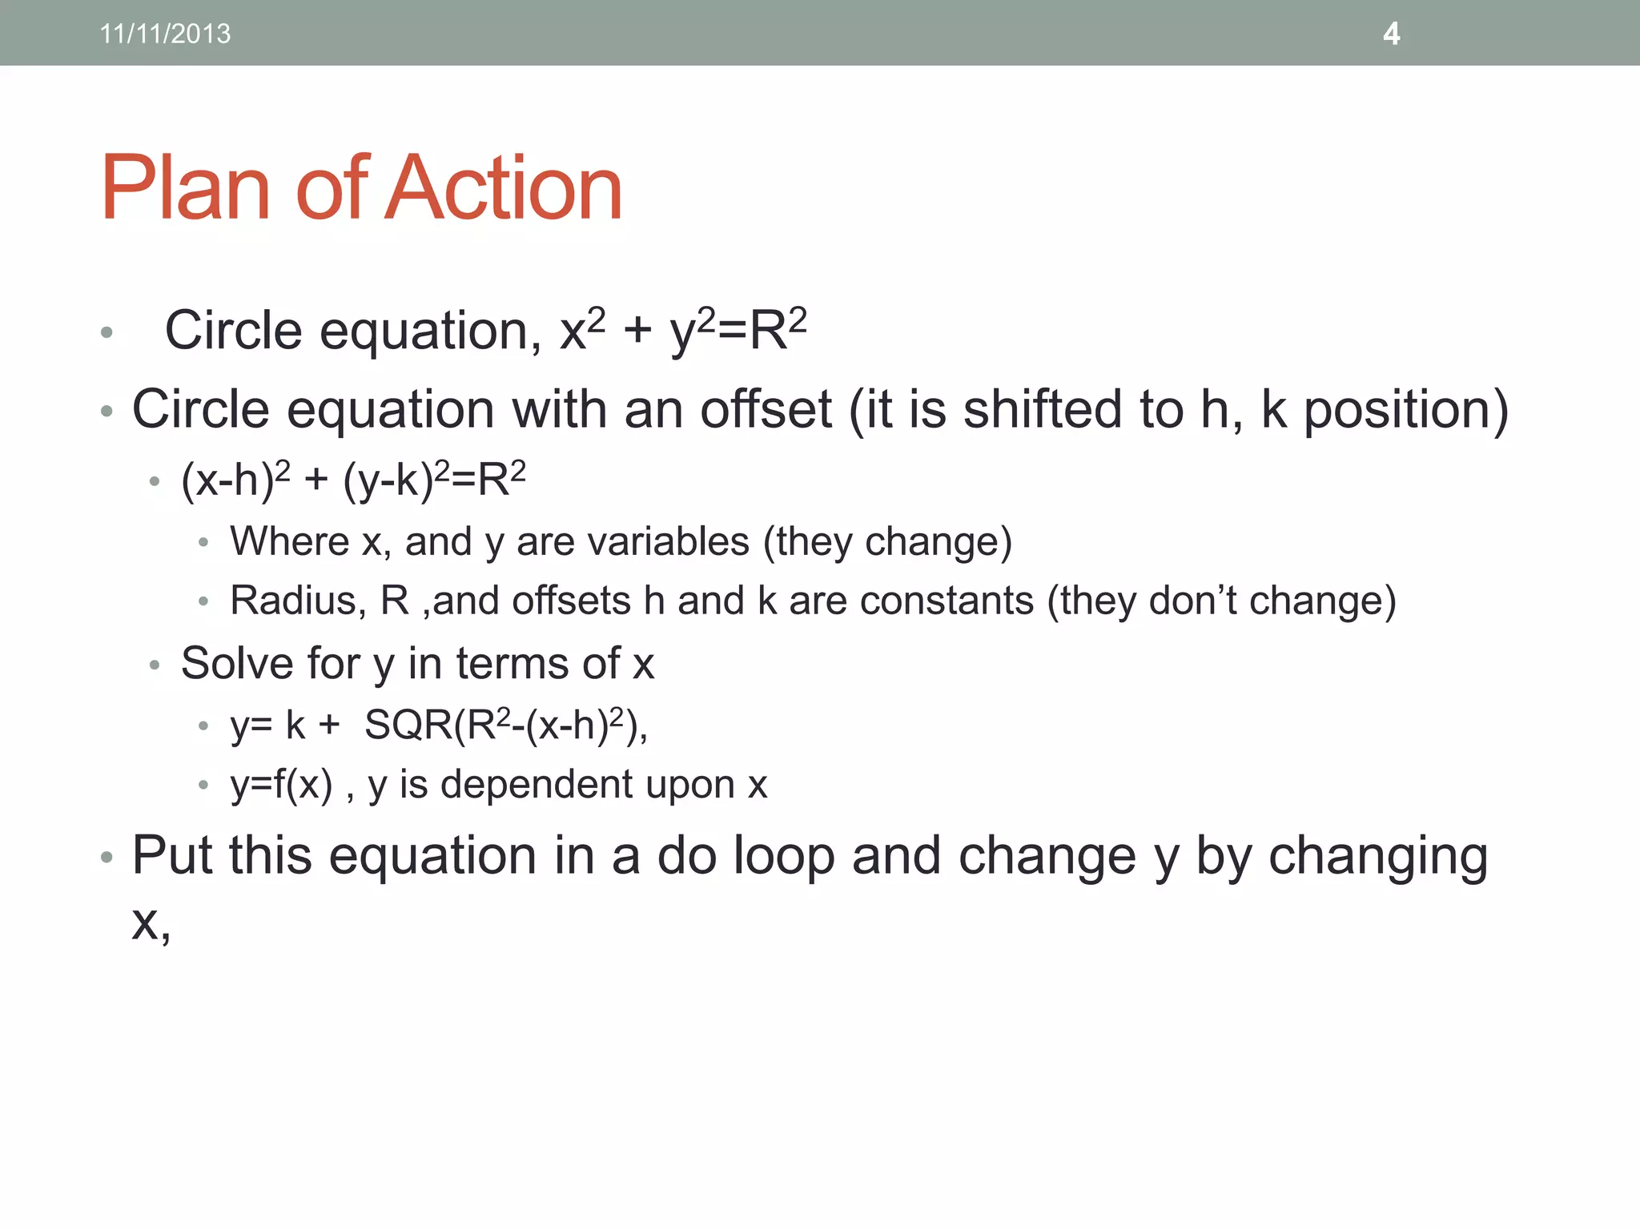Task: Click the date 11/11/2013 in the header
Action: [165, 34]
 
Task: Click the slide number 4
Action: [1391, 34]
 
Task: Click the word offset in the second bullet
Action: [766, 409]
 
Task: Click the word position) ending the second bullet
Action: [1405, 411]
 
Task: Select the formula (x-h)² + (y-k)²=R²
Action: [353, 480]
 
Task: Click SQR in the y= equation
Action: [408, 726]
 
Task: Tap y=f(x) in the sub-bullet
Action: [281, 785]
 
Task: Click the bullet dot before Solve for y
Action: [155, 665]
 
